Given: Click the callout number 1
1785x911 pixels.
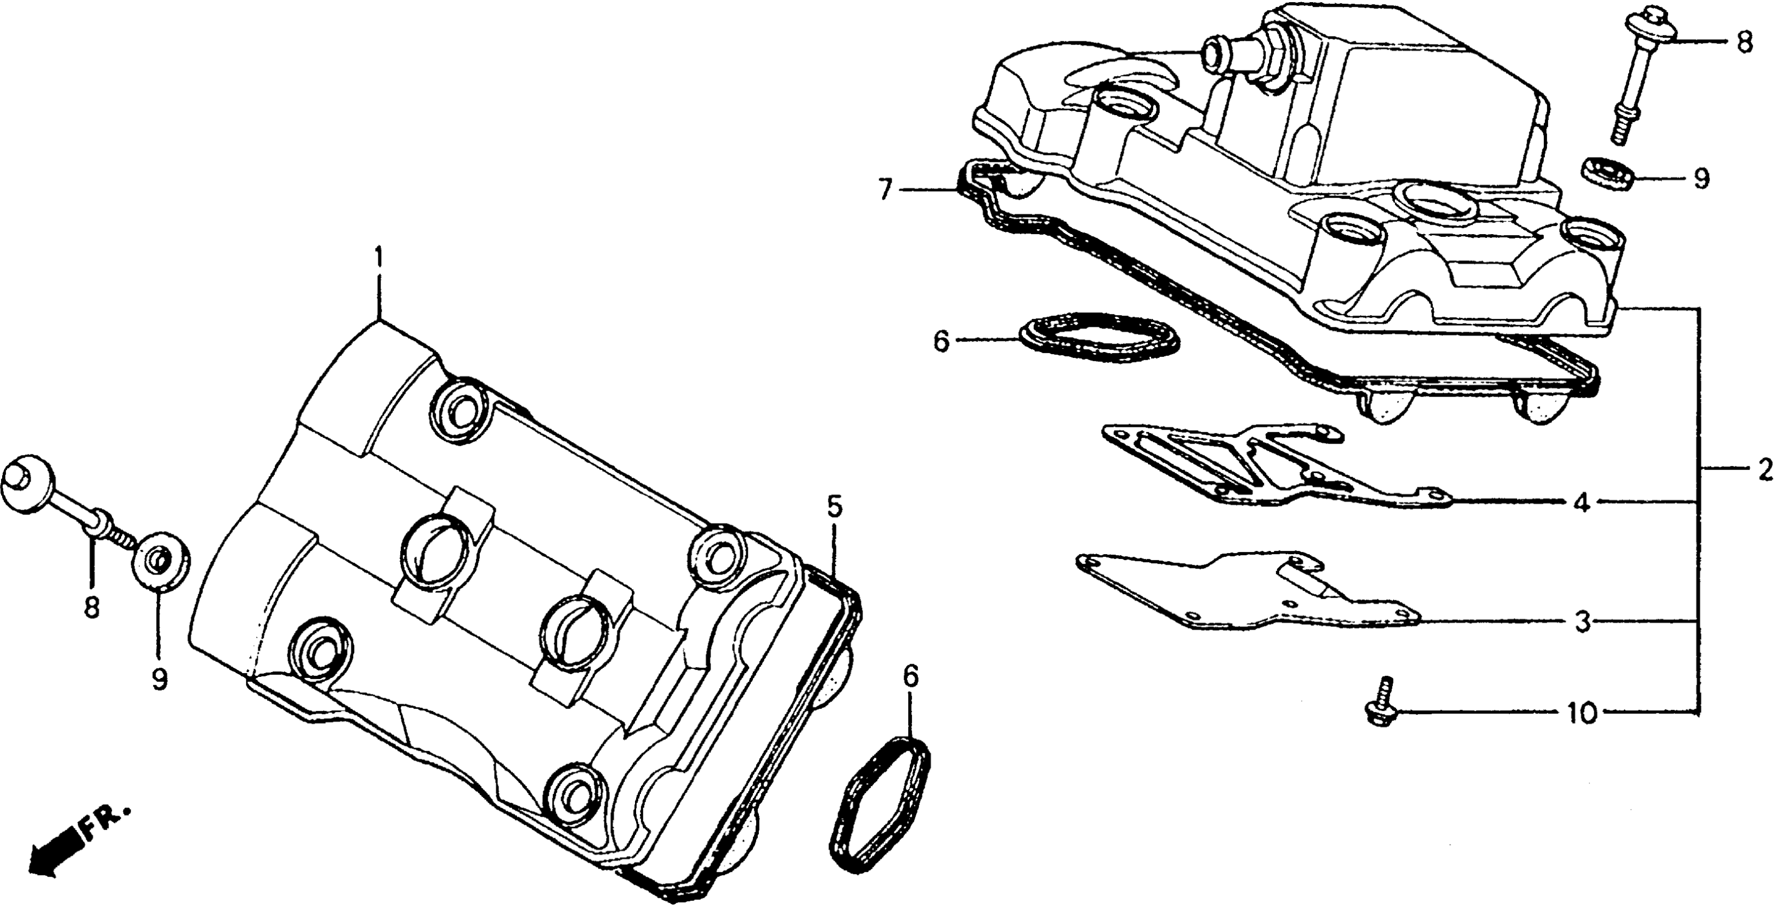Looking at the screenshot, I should click(x=378, y=258).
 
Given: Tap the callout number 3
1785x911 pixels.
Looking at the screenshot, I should click(x=1582, y=623).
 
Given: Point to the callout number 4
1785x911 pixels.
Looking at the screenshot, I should click(x=1582, y=503).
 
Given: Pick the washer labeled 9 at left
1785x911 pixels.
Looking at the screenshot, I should click(x=161, y=558).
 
